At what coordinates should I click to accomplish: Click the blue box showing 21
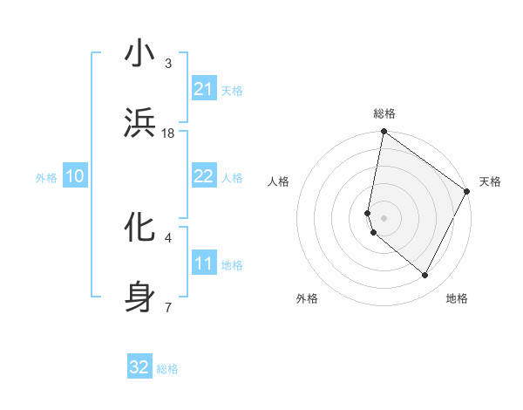204,89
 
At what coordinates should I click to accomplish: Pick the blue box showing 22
204,176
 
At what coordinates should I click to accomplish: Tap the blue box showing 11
204,263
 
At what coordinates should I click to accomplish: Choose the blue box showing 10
75,176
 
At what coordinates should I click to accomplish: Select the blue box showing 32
139,367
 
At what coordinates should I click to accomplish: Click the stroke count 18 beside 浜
168,133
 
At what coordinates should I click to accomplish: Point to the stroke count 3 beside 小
168,64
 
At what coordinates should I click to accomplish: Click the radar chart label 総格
384,114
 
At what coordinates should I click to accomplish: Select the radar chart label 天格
490,181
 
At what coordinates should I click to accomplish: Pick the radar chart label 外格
307,298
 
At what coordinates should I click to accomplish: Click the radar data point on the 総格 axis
384,133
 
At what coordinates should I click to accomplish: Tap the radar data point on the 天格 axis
467,191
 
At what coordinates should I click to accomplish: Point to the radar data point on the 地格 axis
425,275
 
